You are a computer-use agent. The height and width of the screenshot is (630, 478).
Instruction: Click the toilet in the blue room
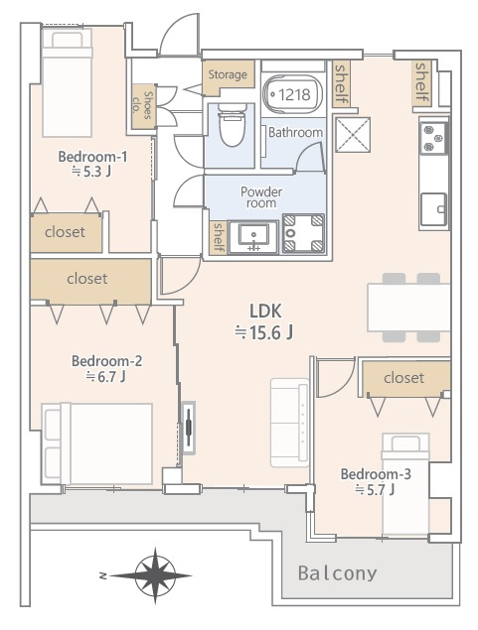[232, 125]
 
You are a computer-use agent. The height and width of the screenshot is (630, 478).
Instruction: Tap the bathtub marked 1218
[292, 95]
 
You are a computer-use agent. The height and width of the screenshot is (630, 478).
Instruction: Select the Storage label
[228, 74]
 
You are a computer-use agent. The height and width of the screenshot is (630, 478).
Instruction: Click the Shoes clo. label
[142, 105]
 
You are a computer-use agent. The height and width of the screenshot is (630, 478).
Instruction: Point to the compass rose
[155, 575]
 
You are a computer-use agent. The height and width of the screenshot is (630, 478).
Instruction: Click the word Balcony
[337, 573]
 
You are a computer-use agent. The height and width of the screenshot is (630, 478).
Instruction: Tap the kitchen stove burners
[432, 139]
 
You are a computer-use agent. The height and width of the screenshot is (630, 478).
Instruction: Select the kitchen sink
[433, 209]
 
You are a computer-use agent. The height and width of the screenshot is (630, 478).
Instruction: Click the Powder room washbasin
[253, 237]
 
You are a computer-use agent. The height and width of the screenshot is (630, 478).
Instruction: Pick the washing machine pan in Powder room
[303, 233]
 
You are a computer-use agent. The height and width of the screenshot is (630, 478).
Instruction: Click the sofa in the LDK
[290, 423]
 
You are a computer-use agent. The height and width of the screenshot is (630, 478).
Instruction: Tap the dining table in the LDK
[408, 308]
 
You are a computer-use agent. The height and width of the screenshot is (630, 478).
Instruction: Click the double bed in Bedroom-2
[97, 443]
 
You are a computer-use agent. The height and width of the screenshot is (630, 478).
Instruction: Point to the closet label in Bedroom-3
[403, 378]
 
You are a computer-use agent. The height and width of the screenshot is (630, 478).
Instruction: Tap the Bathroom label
[295, 132]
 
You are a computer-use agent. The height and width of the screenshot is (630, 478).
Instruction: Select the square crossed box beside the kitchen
[353, 135]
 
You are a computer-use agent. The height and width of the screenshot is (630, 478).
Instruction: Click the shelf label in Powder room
[219, 237]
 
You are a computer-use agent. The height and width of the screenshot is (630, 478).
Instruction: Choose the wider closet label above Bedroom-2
[86, 279]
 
